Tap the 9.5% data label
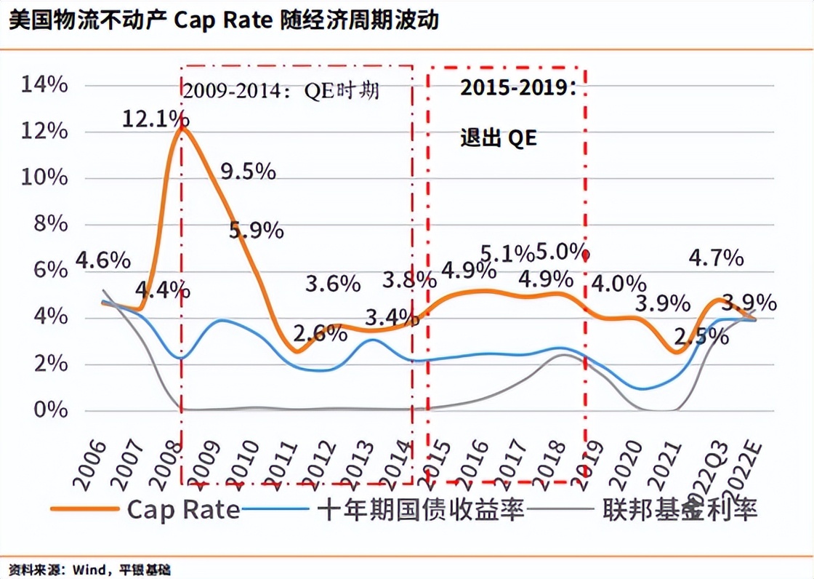coord(248,172)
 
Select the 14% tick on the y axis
coord(45,85)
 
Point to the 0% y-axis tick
coord(51,410)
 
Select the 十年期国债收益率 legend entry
coord(421,509)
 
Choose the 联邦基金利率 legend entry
coord(680,509)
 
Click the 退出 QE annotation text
coord(499,138)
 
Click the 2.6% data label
coord(320,334)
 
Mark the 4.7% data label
coord(717,257)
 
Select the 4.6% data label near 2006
coord(103,260)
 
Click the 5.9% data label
coord(256,231)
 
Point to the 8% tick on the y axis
coord(51,224)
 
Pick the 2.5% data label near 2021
coord(701,336)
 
